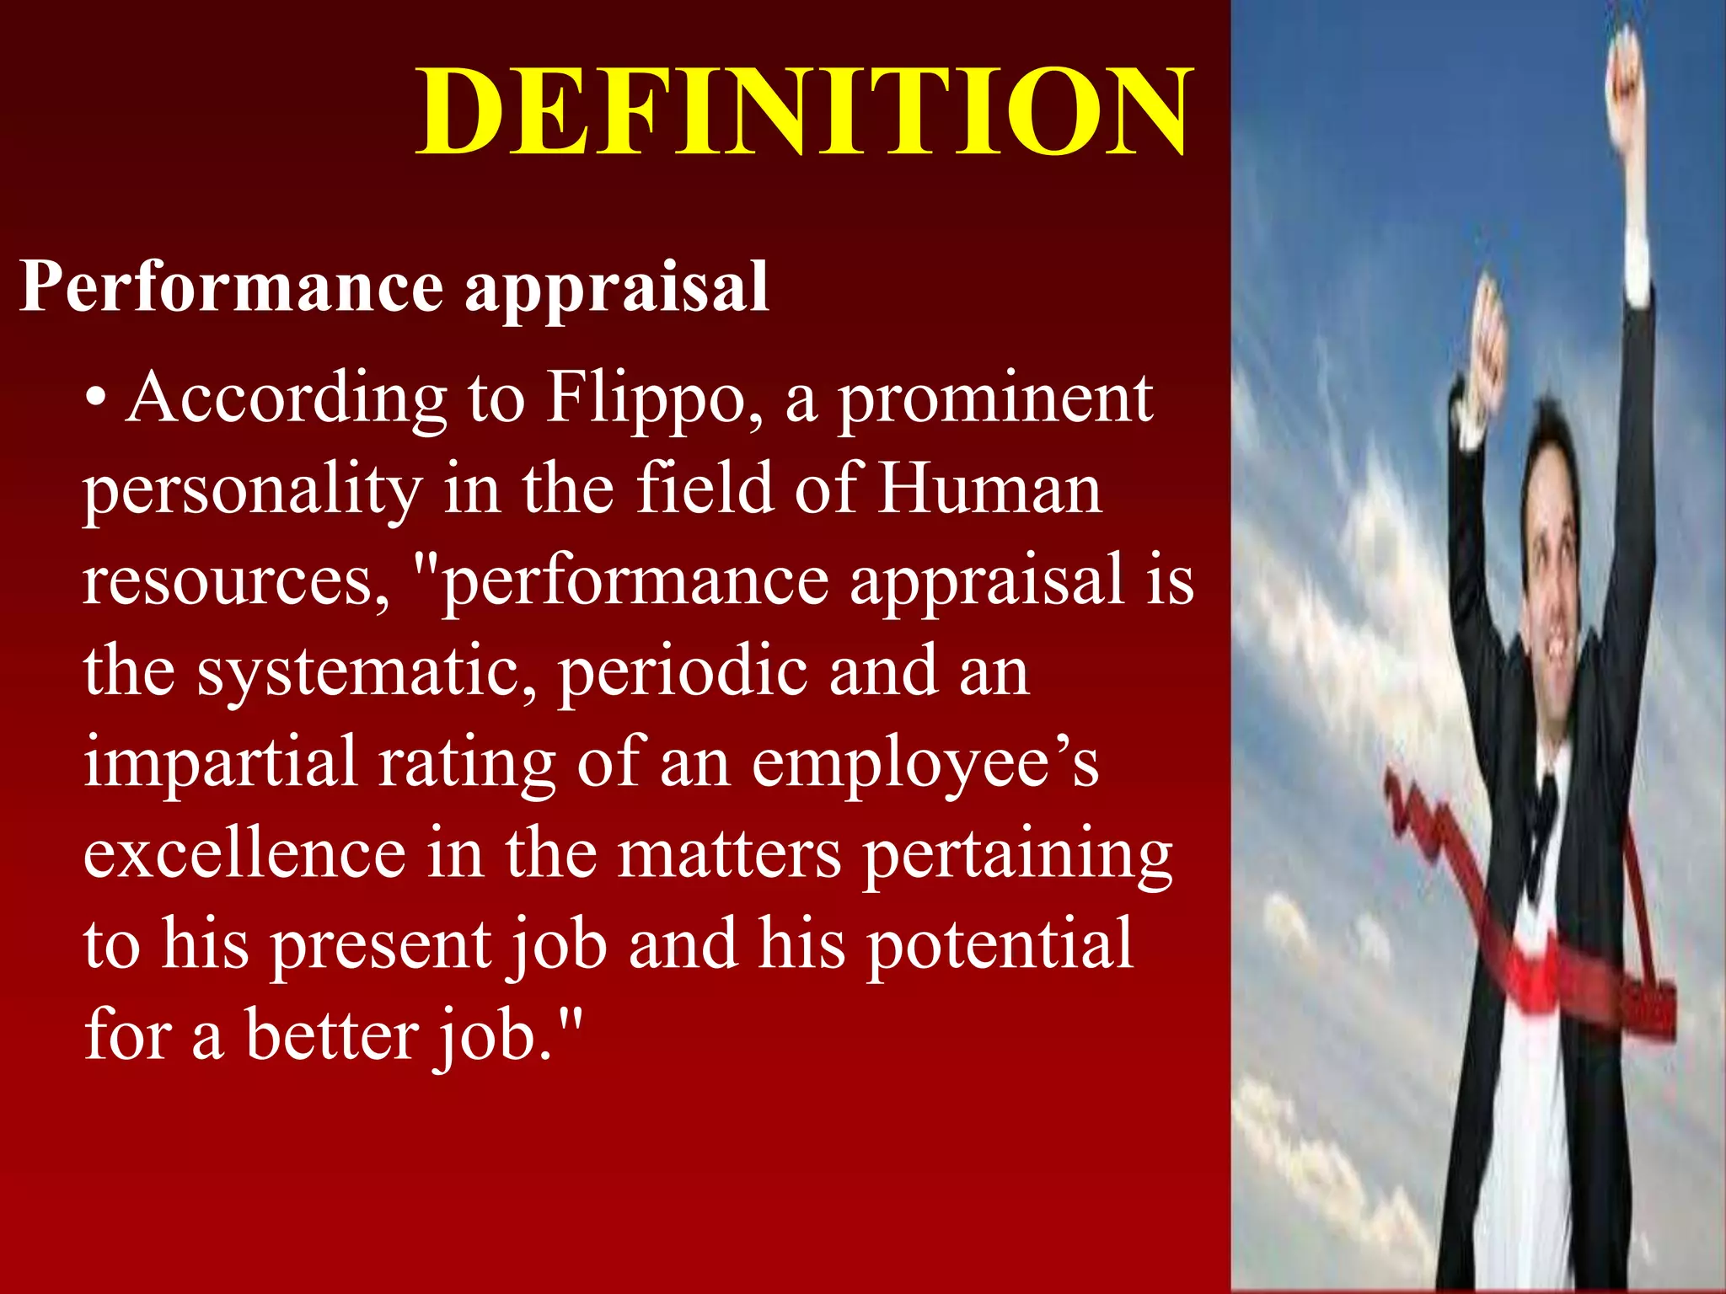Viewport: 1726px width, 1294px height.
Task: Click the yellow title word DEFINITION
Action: click(805, 112)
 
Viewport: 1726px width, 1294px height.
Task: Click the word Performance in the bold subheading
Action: click(230, 286)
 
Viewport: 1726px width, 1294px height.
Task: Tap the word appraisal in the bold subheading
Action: click(617, 286)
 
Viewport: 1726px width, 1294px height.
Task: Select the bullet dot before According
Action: click(98, 397)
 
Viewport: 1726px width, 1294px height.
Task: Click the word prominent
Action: click(994, 397)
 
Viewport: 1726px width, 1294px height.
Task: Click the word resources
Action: click(237, 580)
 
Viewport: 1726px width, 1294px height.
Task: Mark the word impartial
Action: click(221, 762)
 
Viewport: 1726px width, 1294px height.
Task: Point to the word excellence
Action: click(244, 853)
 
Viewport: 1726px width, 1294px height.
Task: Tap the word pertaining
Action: click(1017, 853)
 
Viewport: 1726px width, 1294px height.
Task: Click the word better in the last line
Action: click(330, 1035)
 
